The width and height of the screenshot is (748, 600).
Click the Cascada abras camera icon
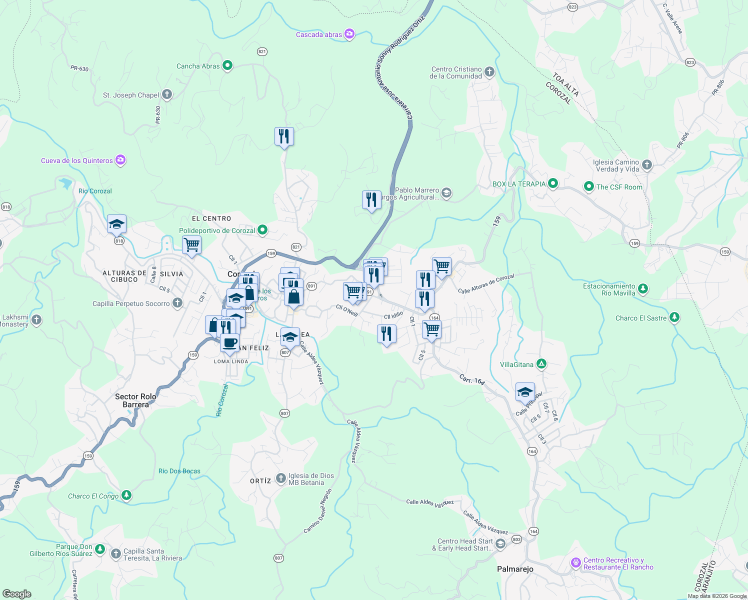349,34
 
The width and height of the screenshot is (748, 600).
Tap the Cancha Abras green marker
227,65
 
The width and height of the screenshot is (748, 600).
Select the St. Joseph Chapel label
131,95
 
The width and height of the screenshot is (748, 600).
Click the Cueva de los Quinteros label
77,160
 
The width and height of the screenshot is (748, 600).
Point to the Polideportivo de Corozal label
217,230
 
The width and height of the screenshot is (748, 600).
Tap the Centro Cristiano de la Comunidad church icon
489,72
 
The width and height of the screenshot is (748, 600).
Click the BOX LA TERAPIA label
519,184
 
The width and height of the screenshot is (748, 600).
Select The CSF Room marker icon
589,186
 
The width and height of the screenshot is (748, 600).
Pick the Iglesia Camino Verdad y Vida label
616,165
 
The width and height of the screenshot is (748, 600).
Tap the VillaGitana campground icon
541,364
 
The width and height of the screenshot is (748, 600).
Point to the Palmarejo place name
515,569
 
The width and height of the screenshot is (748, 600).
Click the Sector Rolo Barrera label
135,400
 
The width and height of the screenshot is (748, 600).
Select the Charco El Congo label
93,496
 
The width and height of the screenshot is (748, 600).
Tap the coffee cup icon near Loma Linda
230,343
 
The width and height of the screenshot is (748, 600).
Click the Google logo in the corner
17,593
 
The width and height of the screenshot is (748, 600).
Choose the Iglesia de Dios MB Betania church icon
281,478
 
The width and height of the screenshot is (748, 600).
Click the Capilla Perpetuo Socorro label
131,303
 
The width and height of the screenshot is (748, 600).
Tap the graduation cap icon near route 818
116,224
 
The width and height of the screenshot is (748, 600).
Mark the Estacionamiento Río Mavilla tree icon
643,288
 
